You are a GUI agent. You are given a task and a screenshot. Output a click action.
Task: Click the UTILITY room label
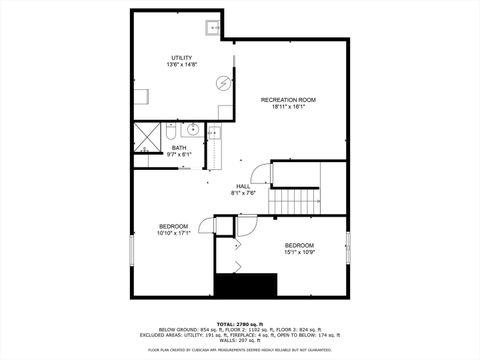pyautogui.click(x=181, y=58)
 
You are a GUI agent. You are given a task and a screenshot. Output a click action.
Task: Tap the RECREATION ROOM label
pyautogui.click(x=288, y=100)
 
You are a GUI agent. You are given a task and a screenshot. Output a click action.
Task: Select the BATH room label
pyautogui.click(x=151, y=147)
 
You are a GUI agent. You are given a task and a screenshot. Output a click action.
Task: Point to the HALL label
pyautogui.click(x=243, y=186)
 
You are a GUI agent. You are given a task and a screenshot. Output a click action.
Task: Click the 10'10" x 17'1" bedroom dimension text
pyautogui.click(x=173, y=233)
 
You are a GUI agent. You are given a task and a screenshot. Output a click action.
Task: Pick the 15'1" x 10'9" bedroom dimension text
pyautogui.click(x=299, y=252)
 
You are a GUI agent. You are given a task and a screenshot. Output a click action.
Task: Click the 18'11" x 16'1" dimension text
pyautogui.click(x=288, y=107)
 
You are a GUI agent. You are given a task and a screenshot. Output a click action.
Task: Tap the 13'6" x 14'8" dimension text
pyautogui.click(x=181, y=65)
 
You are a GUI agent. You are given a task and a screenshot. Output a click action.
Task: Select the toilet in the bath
pyautogui.click(x=171, y=131)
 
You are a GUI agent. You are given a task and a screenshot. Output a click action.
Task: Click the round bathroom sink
pyautogui.click(x=191, y=129)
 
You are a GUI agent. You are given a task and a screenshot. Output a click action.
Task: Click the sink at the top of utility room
pyautogui.click(x=213, y=28)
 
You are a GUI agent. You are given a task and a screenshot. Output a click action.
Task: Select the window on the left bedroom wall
pyautogui.click(x=130, y=250)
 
